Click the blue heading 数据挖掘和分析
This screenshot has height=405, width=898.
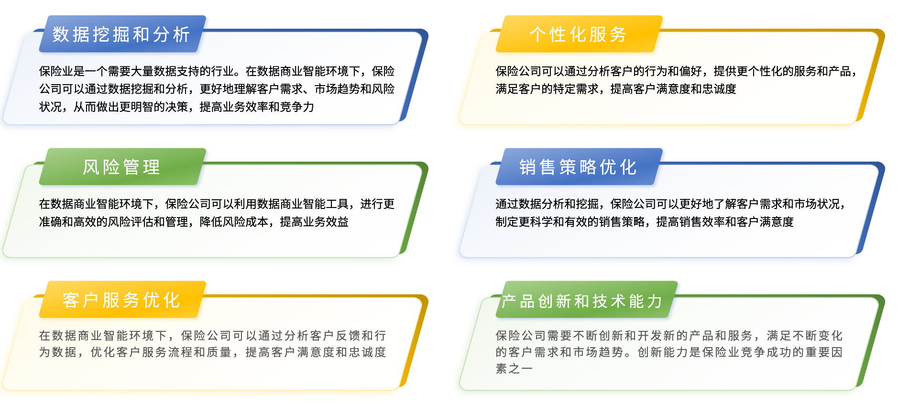point(121,34)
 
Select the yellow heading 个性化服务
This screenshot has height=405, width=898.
point(578,34)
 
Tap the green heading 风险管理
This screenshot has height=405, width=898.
point(121,167)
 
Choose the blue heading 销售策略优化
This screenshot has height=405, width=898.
point(578,167)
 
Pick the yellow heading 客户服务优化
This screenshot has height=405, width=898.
point(121,300)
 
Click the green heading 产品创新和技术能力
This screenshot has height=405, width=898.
point(582,301)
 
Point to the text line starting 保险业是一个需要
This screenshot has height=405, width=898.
point(217,71)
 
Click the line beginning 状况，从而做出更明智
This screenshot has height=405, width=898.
point(177,107)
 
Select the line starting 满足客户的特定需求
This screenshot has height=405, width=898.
point(616,89)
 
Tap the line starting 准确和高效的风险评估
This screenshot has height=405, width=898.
point(194,222)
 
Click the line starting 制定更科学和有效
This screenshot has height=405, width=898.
point(645,222)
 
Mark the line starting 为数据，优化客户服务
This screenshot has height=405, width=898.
point(213,352)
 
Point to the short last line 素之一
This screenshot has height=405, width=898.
point(514,369)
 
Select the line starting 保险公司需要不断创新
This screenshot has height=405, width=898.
point(669,336)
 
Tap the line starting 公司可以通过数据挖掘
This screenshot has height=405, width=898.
point(217,89)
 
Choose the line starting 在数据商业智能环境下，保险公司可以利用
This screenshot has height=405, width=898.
point(217,204)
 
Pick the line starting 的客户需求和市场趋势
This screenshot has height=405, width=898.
point(669,352)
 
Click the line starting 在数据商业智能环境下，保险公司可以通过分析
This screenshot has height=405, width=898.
point(213,336)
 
